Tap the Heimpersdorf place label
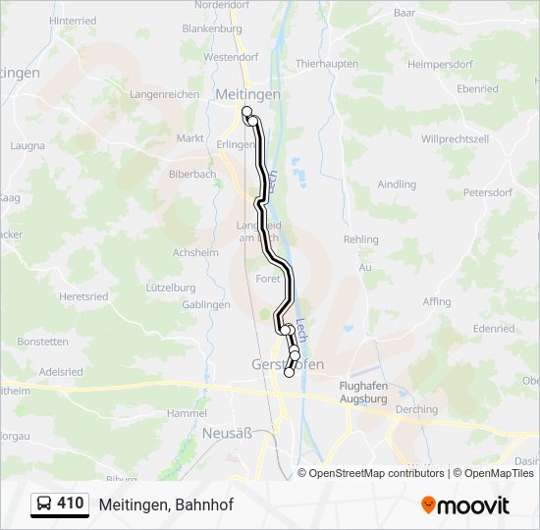(440, 64)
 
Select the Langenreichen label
(164, 94)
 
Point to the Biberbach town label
(191, 174)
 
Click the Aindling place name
(397, 184)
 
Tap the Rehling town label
(361, 239)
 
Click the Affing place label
(437, 302)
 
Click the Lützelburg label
(171, 288)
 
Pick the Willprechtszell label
(455, 139)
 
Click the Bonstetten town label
(43, 342)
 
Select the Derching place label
(417, 409)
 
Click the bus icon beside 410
(44, 504)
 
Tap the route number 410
(70, 503)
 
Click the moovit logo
(465, 504)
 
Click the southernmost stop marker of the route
(289, 373)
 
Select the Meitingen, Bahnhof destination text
(166, 504)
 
